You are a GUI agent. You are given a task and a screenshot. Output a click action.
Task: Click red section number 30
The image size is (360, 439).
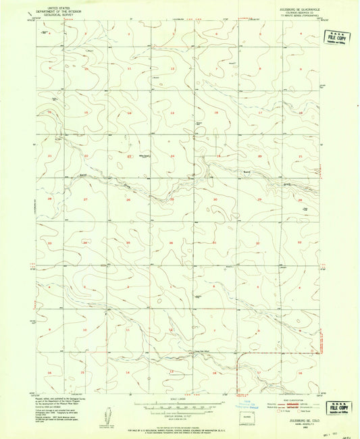click(x=215, y=200)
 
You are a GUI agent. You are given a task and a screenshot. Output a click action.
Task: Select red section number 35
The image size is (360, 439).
click(x=128, y=242)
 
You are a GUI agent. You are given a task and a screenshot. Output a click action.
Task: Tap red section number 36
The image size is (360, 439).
click(x=172, y=242)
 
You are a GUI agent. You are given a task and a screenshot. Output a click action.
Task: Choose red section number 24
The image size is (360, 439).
click(x=172, y=156)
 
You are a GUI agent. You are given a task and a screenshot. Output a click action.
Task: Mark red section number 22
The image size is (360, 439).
click(x=86, y=156)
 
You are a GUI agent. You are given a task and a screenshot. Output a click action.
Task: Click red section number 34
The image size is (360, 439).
click(x=85, y=242)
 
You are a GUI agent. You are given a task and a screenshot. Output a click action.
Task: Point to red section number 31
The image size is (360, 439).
click(x=215, y=242)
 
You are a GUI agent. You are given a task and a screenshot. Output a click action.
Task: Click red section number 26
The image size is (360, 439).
click(x=128, y=200)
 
